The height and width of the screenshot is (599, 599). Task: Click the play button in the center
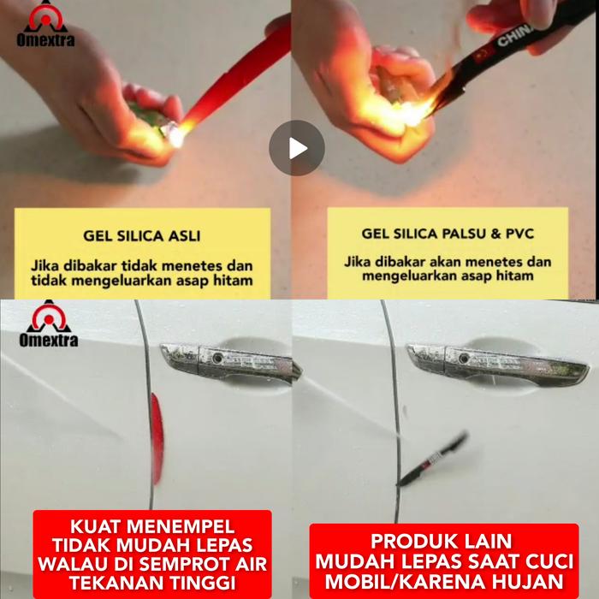297,148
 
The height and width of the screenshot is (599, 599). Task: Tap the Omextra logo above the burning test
45,24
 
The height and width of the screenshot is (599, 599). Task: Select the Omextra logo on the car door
49,324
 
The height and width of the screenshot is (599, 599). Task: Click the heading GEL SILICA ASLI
142,235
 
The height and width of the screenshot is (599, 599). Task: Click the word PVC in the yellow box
519,234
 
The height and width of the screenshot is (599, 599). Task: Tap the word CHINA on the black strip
515,34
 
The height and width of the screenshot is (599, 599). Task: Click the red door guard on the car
157,438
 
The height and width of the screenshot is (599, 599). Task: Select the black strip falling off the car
432,460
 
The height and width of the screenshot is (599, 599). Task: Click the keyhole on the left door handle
217,359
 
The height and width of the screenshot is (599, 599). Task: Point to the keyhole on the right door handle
464,359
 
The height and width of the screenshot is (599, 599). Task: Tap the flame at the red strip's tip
176,134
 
